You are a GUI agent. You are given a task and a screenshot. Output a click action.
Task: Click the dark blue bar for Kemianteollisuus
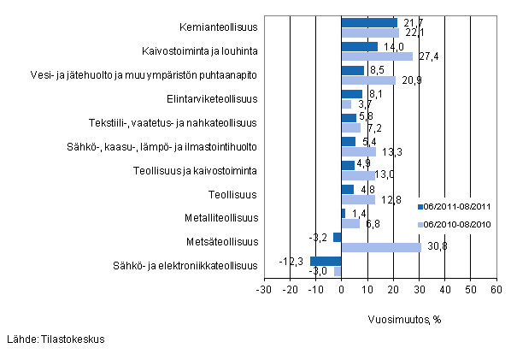point(369,23)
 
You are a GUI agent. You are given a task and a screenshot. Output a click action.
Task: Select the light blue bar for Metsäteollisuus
point(381,247)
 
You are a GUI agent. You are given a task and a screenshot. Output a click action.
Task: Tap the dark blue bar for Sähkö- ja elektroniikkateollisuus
point(326,261)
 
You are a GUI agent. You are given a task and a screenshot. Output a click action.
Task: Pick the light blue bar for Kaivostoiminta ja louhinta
point(377,56)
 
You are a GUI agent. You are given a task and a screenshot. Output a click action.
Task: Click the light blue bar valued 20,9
point(368,80)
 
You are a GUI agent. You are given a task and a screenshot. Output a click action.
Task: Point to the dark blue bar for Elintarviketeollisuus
point(352,94)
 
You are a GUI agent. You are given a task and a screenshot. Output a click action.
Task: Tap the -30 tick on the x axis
point(264,290)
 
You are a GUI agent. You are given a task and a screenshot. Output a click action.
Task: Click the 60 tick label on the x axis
point(496,290)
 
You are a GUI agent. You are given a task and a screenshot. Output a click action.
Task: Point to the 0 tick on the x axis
point(342,290)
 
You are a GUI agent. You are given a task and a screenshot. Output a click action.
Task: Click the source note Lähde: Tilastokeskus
point(55,339)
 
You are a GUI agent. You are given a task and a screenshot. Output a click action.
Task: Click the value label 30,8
point(436,247)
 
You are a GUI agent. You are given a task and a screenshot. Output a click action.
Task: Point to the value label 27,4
point(427,56)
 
